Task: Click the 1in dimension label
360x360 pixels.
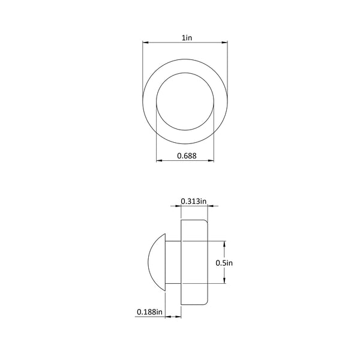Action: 187,38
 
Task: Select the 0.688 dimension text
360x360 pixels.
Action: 187,156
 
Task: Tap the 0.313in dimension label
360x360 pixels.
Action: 194,201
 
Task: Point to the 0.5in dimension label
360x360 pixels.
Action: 224,263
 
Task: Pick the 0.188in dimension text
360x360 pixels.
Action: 149,312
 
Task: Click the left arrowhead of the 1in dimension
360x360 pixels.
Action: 146,43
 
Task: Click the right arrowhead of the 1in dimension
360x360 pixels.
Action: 224,43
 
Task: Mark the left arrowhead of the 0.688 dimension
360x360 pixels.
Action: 160,160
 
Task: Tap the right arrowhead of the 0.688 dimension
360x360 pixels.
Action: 211,160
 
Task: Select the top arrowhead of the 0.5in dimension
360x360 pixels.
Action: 224,244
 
